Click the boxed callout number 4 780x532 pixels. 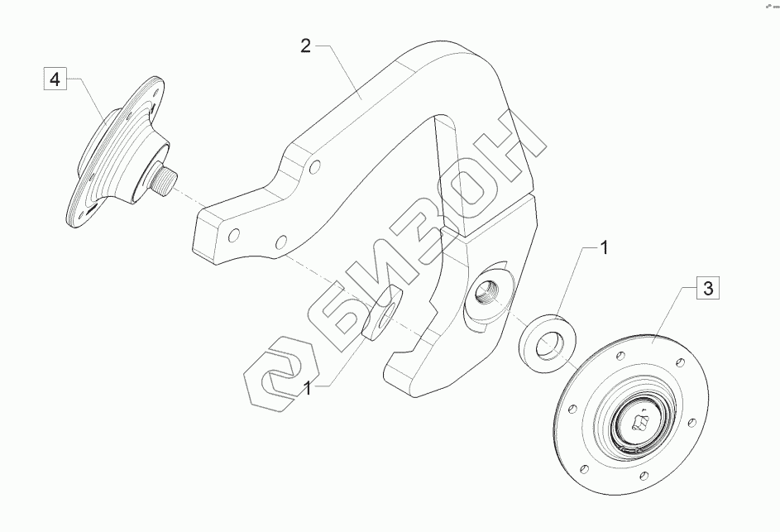[55, 78]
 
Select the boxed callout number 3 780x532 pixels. [707, 288]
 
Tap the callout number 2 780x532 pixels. [306, 46]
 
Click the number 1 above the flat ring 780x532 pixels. [604, 247]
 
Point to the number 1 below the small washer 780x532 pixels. [308, 389]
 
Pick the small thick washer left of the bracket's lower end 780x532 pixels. [381, 314]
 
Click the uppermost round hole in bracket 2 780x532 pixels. [314, 167]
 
